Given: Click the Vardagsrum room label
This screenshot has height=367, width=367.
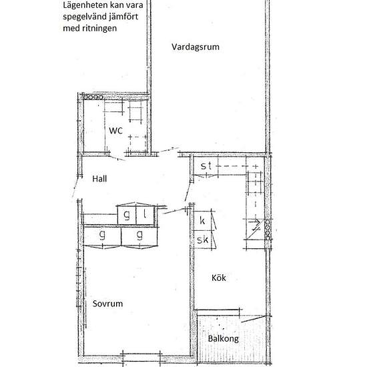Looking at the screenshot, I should tap(195, 47).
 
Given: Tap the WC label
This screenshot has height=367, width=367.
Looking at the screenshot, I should tap(116, 131).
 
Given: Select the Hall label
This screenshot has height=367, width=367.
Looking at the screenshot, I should tap(99, 179).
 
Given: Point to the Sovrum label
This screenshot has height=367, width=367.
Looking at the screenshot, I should tap(108, 302).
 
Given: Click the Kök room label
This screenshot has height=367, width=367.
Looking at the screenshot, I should tap(219, 278).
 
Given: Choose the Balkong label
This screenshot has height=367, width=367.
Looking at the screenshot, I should tap(222, 338).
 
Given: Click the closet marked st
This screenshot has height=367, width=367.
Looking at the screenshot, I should tap(206, 165).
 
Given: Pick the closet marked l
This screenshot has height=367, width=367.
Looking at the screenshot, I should tap(145, 215).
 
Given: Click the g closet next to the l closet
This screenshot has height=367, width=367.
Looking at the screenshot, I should tap(127, 215).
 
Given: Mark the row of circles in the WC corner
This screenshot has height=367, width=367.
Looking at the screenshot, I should tap(92, 97).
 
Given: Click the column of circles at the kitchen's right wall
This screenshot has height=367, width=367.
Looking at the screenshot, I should tap(268, 227).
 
